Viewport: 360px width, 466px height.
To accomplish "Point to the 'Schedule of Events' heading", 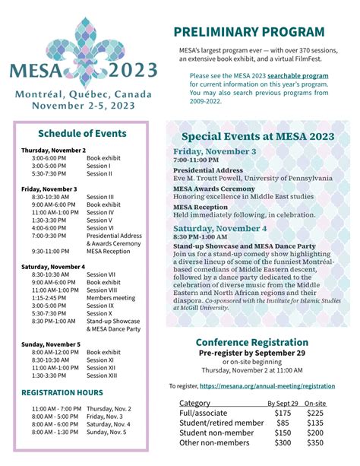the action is coord(83,133).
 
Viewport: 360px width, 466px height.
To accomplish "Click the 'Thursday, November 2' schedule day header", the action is coord(53,150).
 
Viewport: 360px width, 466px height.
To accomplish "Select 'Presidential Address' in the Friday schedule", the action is coord(114,236).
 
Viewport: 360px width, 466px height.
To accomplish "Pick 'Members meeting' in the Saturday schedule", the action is coord(111,297).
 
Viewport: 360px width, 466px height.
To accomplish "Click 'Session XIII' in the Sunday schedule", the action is coord(102,376).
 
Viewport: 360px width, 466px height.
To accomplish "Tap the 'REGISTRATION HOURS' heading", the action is coord(62,392).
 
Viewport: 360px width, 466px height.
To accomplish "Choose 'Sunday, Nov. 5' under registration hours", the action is coord(109,432).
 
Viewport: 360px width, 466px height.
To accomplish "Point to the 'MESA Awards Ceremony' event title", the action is coord(213,189).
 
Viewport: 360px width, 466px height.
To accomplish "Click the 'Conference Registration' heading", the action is coord(252,342).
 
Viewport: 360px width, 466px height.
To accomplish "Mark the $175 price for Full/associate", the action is coord(283,413).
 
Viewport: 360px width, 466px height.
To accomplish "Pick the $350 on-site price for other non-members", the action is coord(314,442).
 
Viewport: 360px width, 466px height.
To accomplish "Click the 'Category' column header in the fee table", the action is coord(194,403).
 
